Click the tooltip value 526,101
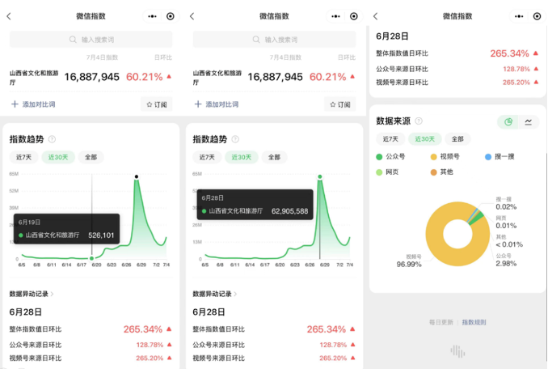click(x=101, y=235)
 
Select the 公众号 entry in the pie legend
click(x=394, y=156)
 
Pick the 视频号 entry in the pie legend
click(x=448, y=156)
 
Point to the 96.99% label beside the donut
click(x=409, y=264)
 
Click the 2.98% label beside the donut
click(x=506, y=263)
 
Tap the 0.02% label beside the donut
click(x=506, y=207)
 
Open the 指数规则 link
click(x=474, y=322)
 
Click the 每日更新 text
click(x=441, y=322)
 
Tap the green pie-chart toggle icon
click(x=508, y=121)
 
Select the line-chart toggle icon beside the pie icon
click(x=529, y=121)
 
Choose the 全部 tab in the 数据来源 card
click(x=457, y=139)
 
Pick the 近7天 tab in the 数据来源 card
click(x=390, y=139)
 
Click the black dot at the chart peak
click(x=137, y=176)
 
